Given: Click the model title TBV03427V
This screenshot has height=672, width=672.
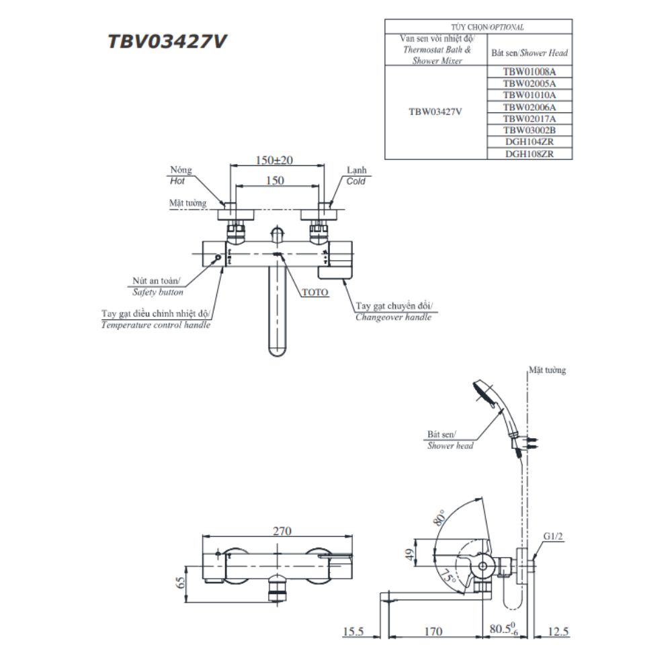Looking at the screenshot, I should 167,42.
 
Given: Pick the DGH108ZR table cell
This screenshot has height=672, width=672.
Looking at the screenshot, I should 529,153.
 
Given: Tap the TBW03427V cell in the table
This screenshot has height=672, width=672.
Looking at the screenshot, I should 435,112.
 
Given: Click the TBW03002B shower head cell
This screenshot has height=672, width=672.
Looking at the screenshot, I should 529,130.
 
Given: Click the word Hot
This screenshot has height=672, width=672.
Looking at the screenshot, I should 178,181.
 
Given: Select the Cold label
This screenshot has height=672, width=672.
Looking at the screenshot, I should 356,181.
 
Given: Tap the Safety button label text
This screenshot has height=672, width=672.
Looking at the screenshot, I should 158,292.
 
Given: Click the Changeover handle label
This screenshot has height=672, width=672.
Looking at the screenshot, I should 394,317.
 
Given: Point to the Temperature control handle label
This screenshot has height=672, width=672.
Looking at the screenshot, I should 156,325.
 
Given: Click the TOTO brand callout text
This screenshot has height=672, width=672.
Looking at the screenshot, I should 314,293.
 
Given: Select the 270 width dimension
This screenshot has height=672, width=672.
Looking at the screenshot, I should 282,531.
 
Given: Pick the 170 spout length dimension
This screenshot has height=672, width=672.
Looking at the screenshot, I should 433,632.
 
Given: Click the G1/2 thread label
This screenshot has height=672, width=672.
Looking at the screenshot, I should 552,536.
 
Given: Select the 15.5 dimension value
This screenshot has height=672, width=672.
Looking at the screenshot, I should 352,632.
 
